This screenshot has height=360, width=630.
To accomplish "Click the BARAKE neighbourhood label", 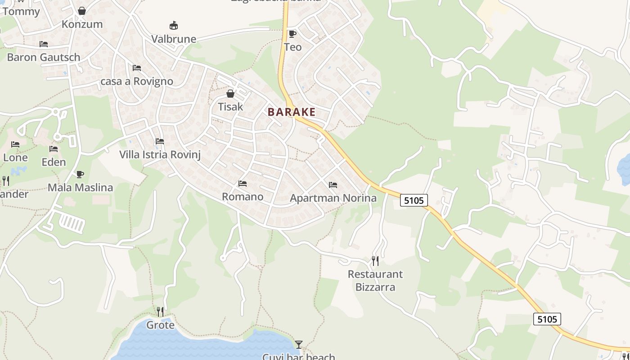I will tap(292, 112).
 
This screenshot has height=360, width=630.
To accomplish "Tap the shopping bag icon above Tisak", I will tap(230, 94).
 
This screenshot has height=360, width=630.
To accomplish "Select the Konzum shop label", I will tap(82, 24).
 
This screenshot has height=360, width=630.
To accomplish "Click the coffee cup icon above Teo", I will tap(292, 34).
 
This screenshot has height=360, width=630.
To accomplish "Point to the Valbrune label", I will tap(174, 39).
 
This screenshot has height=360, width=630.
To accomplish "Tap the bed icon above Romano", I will tap(243, 184).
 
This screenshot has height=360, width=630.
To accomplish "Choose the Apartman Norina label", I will tap(333, 198).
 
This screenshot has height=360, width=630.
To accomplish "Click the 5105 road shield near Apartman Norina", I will tap(414, 200).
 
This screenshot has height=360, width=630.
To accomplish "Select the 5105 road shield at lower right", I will tap(547, 319).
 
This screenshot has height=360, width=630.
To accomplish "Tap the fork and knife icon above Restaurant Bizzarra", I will tap(375, 261).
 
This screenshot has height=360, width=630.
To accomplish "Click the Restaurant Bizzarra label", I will tap(375, 280).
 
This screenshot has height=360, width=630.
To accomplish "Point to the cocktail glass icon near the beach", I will tap(298, 345).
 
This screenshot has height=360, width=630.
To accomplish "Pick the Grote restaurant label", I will tap(160, 325).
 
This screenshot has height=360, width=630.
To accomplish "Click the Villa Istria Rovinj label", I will tap(160, 155).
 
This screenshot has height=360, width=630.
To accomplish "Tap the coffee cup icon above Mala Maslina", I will tap(80, 174).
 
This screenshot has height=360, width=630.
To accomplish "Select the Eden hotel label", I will tap(54, 162).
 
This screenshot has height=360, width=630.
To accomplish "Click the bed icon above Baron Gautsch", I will tap(44, 44).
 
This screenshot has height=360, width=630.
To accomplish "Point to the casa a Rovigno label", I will tap(137, 81).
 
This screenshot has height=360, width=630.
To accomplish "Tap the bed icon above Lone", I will tap(15, 144).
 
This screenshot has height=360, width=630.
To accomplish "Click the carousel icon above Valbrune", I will tap(174, 25).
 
